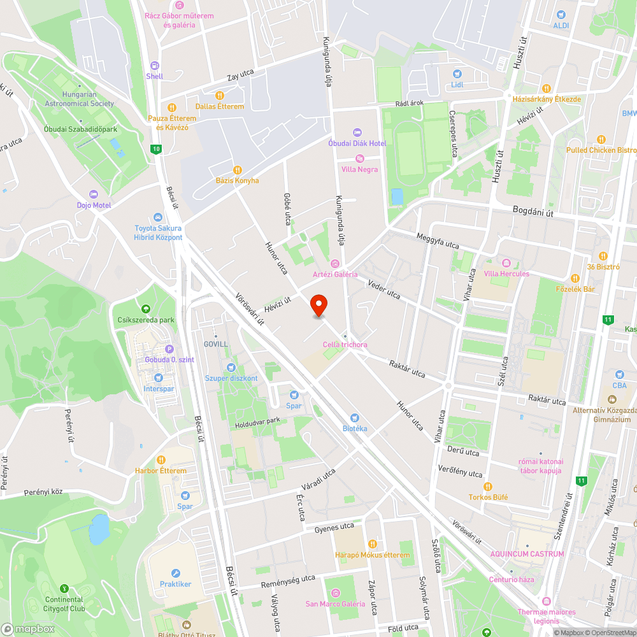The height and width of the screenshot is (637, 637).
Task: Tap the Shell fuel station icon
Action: pos(154,66)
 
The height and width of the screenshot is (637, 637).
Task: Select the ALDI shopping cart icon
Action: pos(561,15)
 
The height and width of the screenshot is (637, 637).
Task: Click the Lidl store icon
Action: pos(457,74)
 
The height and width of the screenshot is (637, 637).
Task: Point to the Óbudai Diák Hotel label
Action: pos(357,143)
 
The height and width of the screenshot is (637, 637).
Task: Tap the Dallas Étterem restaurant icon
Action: pos(219,96)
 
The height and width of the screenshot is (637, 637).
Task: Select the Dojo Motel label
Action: pos(94,205)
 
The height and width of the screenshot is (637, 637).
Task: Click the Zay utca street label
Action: pos(241,76)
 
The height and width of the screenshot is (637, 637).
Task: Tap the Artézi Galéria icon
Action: pos(335,264)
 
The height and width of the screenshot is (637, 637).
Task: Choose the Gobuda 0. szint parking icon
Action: pos(169,349)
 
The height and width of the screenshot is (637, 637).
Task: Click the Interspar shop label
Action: pos(159,389)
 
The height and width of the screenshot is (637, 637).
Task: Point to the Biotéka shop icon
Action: pos(355,418)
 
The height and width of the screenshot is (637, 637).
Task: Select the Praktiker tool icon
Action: pos(175,573)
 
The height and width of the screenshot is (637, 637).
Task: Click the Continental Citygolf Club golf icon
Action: pos(64,589)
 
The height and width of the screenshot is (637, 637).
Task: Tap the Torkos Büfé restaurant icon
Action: pos(488,487)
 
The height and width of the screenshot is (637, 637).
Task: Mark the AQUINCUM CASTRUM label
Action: pos(527,554)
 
